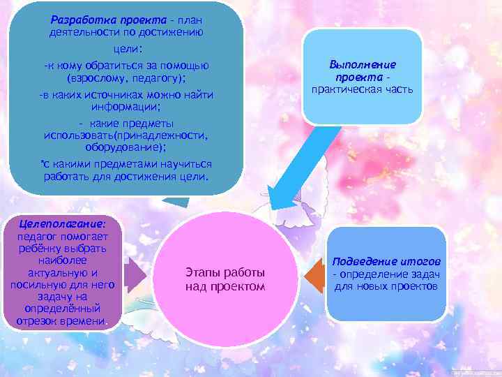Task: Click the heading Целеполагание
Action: click(x=63, y=224)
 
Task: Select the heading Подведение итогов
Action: click(x=390, y=261)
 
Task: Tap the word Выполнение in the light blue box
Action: click(x=363, y=64)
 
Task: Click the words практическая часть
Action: click(x=363, y=89)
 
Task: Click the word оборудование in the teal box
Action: click(x=123, y=147)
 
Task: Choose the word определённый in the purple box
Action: click(x=63, y=308)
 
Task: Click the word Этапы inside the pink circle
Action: click(x=202, y=273)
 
